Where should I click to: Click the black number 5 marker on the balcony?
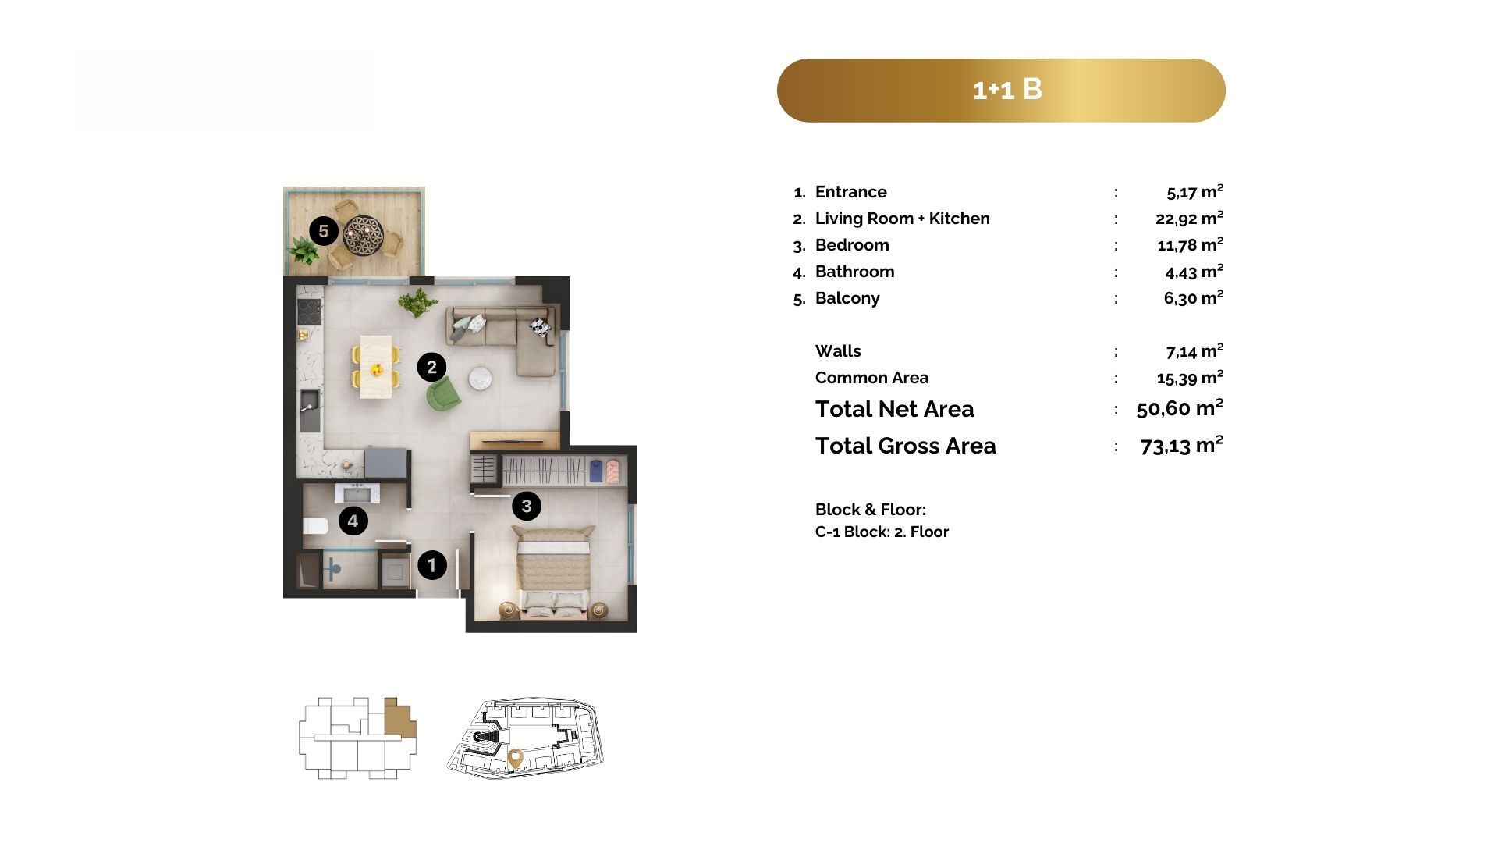point(324,231)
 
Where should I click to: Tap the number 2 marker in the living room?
point(431,367)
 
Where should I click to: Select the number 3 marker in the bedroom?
point(527,506)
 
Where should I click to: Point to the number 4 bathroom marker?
point(353,521)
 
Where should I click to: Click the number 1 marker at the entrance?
point(432,564)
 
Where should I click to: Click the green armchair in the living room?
point(443,393)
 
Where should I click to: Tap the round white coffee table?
point(480,379)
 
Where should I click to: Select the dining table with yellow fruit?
point(376,367)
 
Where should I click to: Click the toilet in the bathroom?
point(315,526)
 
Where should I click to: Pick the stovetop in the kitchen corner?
point(310,311)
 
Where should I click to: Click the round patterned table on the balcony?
point(363,234)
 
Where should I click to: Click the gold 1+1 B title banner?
point(1001,91)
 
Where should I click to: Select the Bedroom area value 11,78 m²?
point(1190,245)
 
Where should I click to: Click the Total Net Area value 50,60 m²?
point(1180,408)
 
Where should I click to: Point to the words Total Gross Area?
point(906,446)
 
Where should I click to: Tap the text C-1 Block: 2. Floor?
point(882,532)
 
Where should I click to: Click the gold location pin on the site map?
point(515,757)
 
